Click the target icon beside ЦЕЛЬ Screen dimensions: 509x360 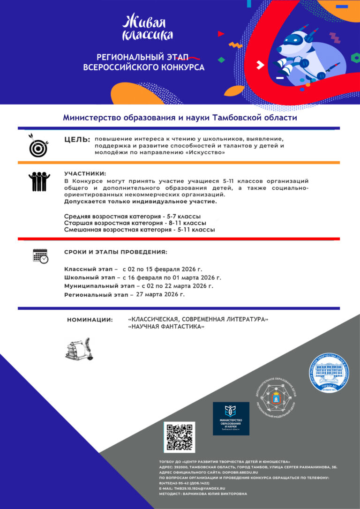click(38, 146)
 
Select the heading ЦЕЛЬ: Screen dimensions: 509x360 click(77, 140)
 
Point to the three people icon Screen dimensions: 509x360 click(39, 181)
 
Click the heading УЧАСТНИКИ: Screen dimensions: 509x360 click(85, 173)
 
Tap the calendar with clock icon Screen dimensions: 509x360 click(40, 255)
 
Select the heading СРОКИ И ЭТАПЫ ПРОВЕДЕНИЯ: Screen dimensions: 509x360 click(115, 252)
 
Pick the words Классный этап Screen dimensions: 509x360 click(88, 269)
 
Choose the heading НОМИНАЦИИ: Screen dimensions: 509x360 click(90, 320)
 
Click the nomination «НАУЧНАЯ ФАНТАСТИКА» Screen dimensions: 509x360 click(166, 327)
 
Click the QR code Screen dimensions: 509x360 click(179, 437)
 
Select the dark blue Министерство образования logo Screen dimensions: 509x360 click(231, 418)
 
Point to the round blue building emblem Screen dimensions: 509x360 click(329, 374)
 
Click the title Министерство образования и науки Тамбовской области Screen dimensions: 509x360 click(180, 118)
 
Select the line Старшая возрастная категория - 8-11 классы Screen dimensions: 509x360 click(135, 223)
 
